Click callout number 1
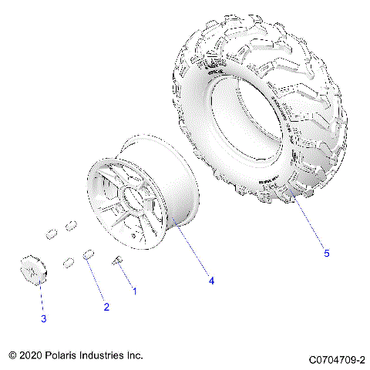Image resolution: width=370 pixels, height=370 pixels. (x=135, y=291)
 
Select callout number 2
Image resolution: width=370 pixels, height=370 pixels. (x=106, y=307)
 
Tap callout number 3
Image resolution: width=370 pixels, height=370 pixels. (x=44, y=318)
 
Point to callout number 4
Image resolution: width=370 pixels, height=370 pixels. (x=210, y=281)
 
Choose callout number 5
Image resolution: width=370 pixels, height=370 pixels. (x=325, y=253)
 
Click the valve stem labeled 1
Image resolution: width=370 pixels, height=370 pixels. (x=119, y=262)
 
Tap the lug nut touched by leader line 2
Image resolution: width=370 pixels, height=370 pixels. (x=89, y=254)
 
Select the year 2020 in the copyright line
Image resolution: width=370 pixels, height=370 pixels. (x=33, y=355)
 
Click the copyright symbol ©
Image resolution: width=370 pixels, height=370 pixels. (x=12, y=355)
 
